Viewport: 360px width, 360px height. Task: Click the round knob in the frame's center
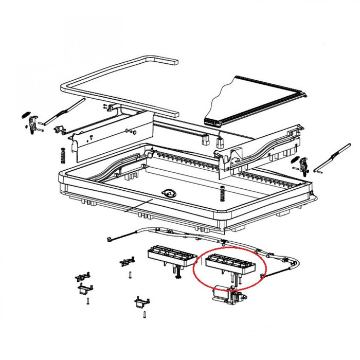click(168, 193)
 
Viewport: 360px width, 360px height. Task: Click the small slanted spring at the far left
click(25, 115)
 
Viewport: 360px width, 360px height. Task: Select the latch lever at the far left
click(34, 124)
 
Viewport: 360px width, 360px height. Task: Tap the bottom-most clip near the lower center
click(141, 300)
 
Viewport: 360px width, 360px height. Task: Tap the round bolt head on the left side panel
click(90, 137)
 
